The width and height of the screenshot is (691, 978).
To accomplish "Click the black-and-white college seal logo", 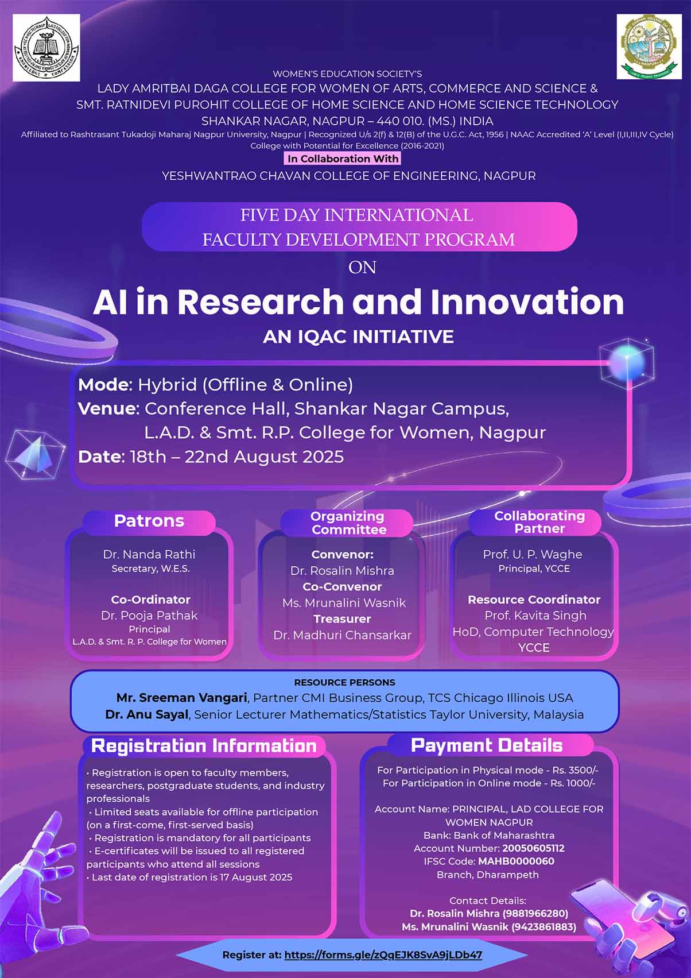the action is tap(46, 48).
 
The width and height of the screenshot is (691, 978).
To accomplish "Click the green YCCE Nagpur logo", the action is tap(649, 47).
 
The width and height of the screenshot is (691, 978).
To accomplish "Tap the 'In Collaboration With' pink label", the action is tap(343, 159).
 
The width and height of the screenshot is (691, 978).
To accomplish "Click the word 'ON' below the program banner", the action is tap(362, 267).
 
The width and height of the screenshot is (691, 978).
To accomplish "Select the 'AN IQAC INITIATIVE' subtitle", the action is tap(358, 337).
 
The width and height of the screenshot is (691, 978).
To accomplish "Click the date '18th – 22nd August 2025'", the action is tap(237, 457).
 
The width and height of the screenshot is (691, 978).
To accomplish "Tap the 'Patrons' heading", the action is tap(149, 521).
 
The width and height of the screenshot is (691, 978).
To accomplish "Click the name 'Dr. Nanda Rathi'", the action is tap(149, 554).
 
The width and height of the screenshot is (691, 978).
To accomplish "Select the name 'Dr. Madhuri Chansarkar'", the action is tap(343, 635).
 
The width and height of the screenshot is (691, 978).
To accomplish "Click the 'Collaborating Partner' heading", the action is tap(539, 522).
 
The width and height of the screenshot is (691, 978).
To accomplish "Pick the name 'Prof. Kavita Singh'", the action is tap(535, 615).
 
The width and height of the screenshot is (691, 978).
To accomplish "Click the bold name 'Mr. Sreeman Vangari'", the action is tap(182, 698).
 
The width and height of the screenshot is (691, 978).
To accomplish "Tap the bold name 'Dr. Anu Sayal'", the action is tap(147, 714).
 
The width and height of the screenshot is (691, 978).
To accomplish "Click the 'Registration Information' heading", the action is tap(204, 746).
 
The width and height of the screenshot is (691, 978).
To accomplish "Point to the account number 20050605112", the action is tap(533, 848).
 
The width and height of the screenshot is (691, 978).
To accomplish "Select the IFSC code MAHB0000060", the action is tap(516, 861).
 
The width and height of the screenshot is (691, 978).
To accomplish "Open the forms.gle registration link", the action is tap(383, 955).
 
